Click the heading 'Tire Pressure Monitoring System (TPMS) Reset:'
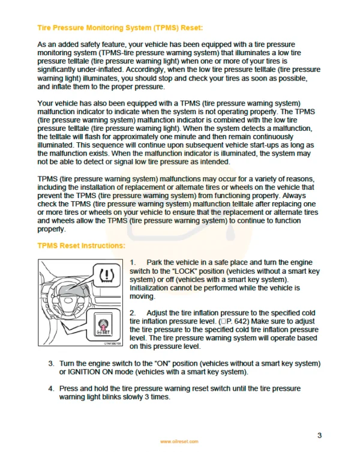point(120,28)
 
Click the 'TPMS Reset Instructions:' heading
point(81,246)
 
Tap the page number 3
point(320,435)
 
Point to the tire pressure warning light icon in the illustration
point(107,277)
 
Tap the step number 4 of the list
point(51,389)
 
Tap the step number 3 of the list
point(51,364)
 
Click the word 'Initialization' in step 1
point(151,289)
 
